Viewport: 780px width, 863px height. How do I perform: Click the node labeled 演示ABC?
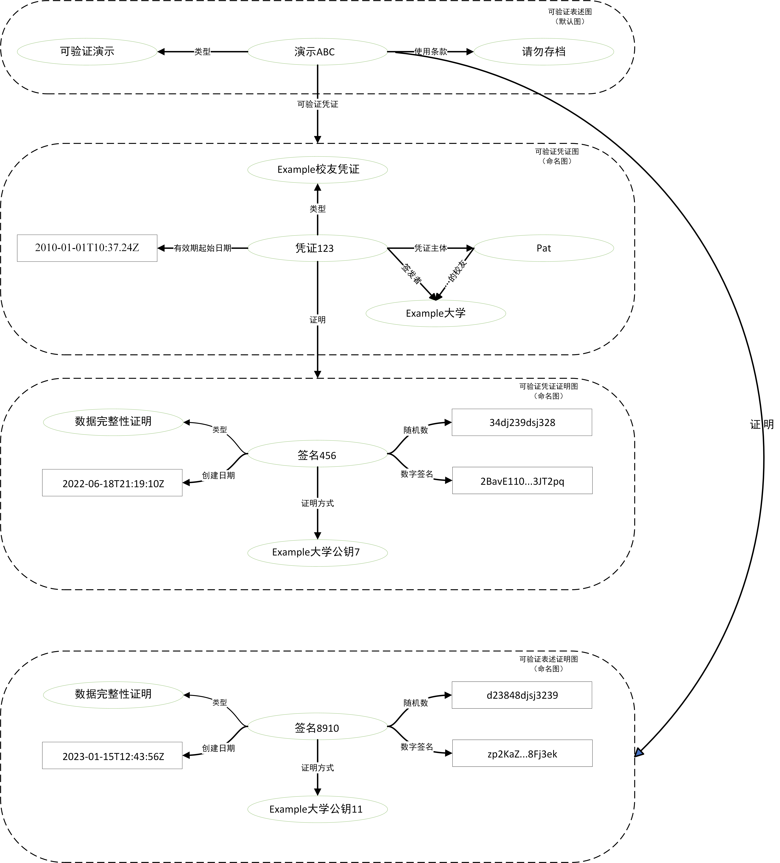pyautogui.click(x=317, y=52)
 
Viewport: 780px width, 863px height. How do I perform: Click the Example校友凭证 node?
pyautogui.click(x=317, y=170)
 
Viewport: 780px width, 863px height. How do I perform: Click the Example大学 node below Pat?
pyautogui.click(x=435, y=313)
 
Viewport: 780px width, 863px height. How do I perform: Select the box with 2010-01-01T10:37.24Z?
pyautogui.click(x=87, y=248)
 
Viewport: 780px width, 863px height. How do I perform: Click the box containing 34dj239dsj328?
pyautogui.click(x=522, y=423)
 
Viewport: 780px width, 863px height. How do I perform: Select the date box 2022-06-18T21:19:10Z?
pyautogui.click(x=113, y=483)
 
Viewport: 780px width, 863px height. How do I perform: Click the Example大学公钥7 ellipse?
pyautogui.click(x=317, y=552)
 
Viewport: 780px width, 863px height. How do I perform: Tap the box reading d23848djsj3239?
pyautogui.click(x=522, y=695)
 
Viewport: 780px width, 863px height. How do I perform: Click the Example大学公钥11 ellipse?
pyautogui.click(x=317, y=809)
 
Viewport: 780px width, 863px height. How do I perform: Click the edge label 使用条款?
pyautogui.click(x=430, y=52)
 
